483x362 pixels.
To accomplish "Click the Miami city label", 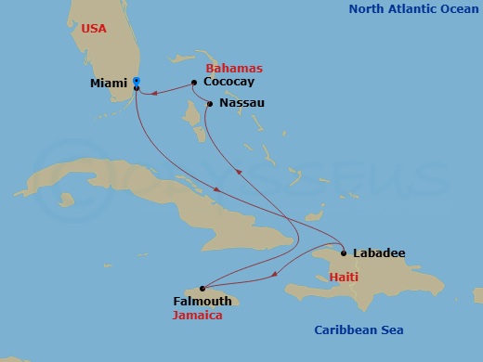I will click(x=109, y=84).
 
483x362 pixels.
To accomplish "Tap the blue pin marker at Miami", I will click(x=137, y=82).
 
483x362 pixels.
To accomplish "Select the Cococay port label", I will click(x=228, y=82).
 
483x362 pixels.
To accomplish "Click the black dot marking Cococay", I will click(x=193, y=83).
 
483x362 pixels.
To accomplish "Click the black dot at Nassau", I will click(x=210, y=103).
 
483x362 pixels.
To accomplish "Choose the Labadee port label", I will click(x=379, y=252).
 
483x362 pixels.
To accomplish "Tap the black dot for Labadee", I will click(x=344, y=252).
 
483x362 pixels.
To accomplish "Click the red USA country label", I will click(x=94, y=29).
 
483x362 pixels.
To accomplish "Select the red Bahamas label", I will click(x=233, y=69).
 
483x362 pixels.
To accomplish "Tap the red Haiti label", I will click(x=346, y=278).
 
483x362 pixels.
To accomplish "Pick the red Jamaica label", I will click(x=198, y=315).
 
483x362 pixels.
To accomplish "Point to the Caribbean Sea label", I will click(x=359, y=330).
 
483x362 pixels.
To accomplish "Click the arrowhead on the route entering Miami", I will click(x=155, y=92).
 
